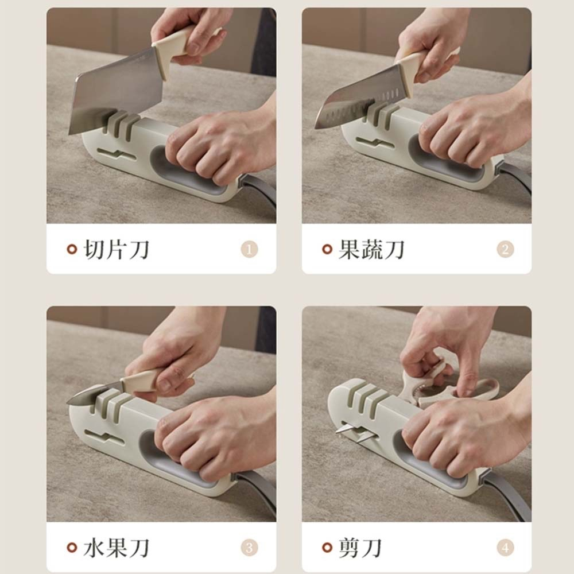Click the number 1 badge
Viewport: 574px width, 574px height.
249,249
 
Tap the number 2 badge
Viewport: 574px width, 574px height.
505,249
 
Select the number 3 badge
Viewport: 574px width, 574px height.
249,548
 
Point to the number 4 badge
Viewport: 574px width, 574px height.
505,548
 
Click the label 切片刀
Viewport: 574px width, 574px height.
117,249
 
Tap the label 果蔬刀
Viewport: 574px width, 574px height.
371,249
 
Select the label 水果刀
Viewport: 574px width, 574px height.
117,548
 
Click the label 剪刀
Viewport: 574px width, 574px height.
360,548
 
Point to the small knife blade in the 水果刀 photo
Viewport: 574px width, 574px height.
94,394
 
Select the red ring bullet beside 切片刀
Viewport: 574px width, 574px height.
72,249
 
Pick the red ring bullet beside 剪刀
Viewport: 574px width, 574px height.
327,548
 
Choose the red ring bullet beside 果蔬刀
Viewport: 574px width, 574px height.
327,249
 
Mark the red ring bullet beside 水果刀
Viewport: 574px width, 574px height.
72,548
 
